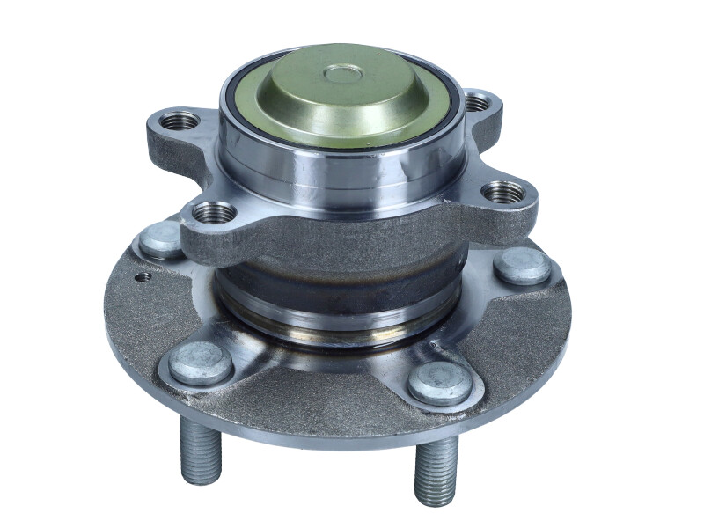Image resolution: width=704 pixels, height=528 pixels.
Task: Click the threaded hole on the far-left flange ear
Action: pyautogui.click(x=180, y=120)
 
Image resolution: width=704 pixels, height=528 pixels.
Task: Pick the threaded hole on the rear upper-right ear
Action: pyautogui.click(x=476, y=103)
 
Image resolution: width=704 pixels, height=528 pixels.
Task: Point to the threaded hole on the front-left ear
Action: pyautogui.click(x=213, y=212)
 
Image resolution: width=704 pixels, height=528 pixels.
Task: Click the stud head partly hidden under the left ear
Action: pyautogui.click(x=161, y=239)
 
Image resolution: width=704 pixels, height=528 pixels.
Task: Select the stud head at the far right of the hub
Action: pyautogui.click(x=522, y=265)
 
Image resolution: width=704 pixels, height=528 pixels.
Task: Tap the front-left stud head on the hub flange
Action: pyautogui.click(x=202, y=362)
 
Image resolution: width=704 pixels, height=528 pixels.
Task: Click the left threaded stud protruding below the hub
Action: pyautogui.click(x=201, y=449)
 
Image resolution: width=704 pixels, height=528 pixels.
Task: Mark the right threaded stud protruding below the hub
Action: pyautogui.click(x=436, y=469)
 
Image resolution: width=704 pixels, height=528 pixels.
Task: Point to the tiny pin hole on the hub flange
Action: pyautogui.click(x=141, y=275)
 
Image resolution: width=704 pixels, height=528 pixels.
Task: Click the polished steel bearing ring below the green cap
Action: pyautogui.click(x=343, y=167)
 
